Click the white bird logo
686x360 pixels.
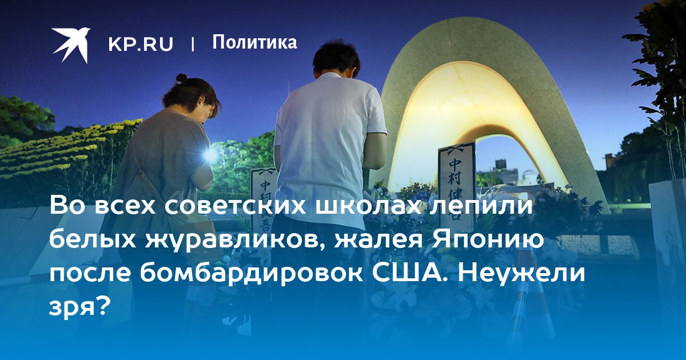(71, 45)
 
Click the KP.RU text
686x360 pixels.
(141, 44)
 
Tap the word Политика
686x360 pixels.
(254, 42)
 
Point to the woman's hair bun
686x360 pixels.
(181, 78)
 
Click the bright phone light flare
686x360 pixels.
(210, 155)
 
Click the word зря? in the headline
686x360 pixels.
(79, 307)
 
